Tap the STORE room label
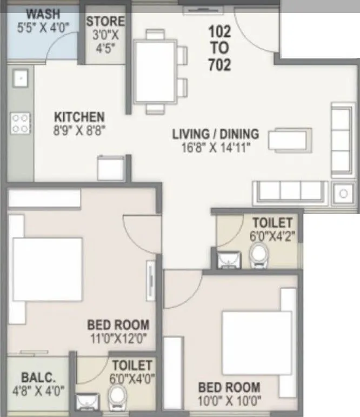click(105, 22)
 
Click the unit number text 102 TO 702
click(219, 48)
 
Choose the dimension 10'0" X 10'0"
click(229, 401)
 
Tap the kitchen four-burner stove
click(21, 123)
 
